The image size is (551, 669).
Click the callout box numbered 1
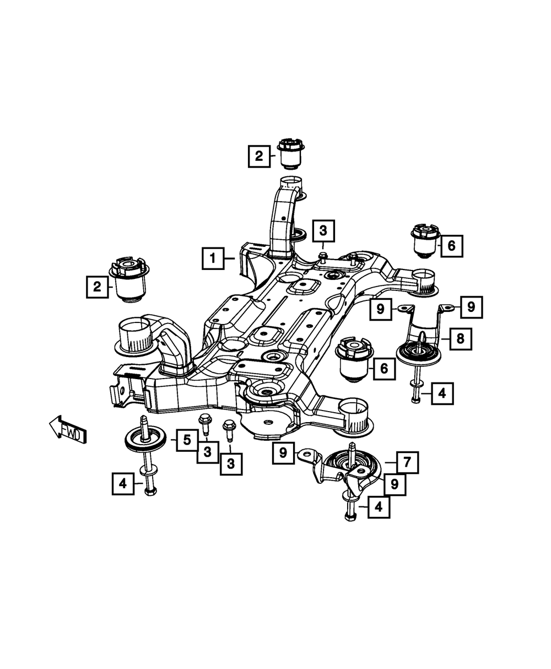[213, 258]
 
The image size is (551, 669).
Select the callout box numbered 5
[187, 440]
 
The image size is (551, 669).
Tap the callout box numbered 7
[407, 462]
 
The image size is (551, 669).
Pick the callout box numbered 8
[460, 339]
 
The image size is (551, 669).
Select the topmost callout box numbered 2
[259, 156]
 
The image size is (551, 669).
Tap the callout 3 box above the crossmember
[323, 230]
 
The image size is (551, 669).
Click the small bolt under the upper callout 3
[323, 255]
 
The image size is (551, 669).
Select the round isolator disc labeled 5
[145, 440]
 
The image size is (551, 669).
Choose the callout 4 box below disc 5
[123, 484]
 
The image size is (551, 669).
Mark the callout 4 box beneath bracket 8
[442, 393]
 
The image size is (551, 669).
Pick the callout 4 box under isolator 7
[378, 506]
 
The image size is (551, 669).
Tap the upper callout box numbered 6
[451, 246]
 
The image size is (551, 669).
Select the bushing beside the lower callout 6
[354, 359]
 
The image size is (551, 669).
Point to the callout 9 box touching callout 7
[395, 484]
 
